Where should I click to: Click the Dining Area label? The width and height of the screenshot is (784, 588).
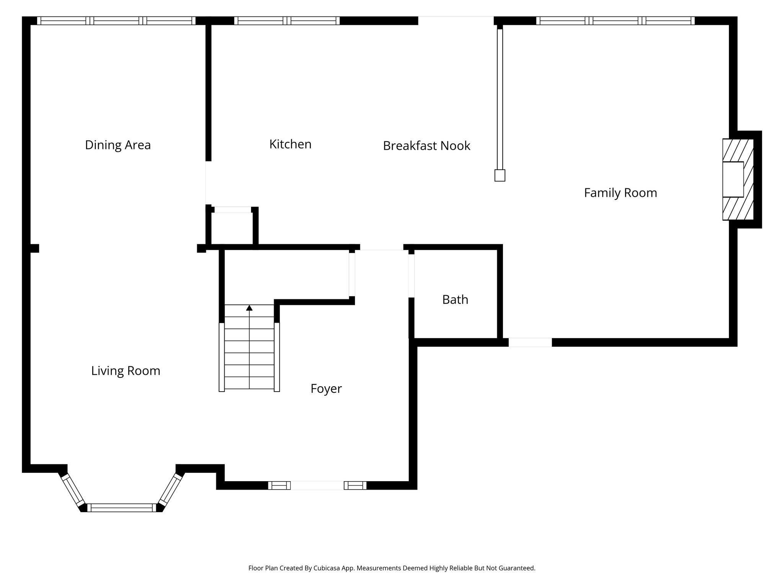coord(118,145)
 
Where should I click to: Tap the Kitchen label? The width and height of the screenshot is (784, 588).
coord(290,144)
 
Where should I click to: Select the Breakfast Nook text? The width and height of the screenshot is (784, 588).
coord(426,146)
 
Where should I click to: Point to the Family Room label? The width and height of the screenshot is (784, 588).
coord(620,193)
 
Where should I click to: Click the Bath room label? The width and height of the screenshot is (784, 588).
coord(455,299)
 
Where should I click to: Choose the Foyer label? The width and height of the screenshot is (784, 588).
coord(326,389)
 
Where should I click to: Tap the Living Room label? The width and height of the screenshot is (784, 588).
coord(126,371)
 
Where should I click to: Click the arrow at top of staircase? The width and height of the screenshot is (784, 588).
coord(249,308)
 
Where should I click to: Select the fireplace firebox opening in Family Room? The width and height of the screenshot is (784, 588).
coord(733,179)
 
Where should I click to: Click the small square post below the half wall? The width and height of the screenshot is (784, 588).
coord(500,175)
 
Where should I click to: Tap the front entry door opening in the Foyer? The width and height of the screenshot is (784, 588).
coord(317,485)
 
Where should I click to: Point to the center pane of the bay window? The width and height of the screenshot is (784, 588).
coord(122,508)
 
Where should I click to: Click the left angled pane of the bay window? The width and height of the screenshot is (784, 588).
coord(73,490)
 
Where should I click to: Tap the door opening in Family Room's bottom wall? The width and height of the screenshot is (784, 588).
coord(530,342)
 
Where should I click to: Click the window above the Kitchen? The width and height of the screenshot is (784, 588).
coord(287,21)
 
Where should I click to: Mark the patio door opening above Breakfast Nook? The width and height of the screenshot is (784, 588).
coord(456,21)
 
